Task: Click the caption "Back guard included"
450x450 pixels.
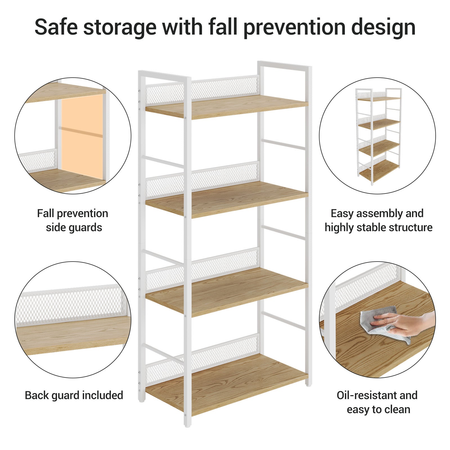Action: click(x=74, y=395)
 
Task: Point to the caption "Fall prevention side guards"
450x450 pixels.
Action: click(x=73, y=220)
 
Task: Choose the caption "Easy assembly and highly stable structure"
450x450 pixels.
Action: click(x=378, y=220)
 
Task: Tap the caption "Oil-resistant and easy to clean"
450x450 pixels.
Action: click(x=378, y=402)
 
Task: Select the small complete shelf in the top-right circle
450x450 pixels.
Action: click(x=379, y=136)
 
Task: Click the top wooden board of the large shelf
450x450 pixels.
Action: click(x=227, y=107)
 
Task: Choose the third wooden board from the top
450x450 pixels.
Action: click(x=227, y=291)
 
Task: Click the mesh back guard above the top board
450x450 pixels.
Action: click(x=202, y=90)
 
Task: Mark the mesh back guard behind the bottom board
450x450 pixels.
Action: click(x=202, y=357)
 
